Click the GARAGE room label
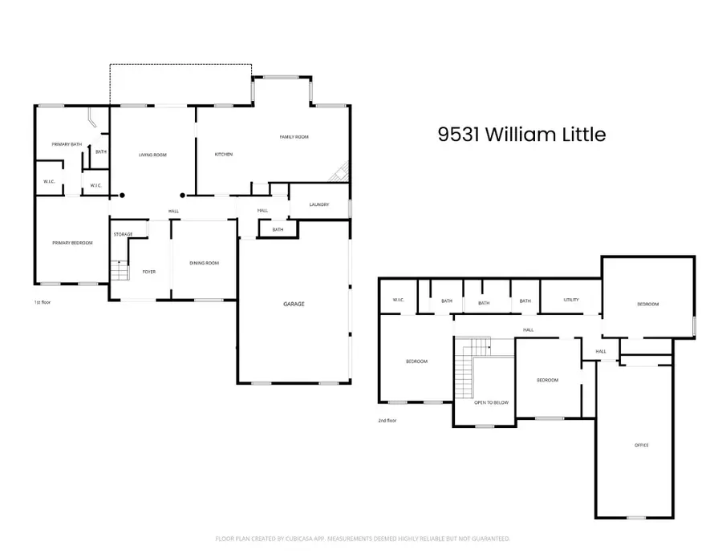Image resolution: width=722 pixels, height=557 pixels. pyautogui.click(x=294, y=304)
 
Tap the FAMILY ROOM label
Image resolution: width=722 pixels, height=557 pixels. pyautogui.click(x=294, y=137)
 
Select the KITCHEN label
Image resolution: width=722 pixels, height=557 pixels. pyautogui.click(x=223, y=154)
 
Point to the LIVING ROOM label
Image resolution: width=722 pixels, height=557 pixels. pyautogui.click(x=152, y=154)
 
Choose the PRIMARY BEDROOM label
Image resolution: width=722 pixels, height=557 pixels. pyautogui.click(x=72, y=243)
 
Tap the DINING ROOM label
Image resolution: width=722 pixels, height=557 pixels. pyautogui.click(x=204, y=263)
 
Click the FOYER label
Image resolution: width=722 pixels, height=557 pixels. pyautogui.click(x=149, y=272)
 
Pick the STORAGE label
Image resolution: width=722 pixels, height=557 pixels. pyautogui.click(x=123, y=234)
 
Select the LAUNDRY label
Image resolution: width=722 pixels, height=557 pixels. pyautogui.click(x=318, y=205)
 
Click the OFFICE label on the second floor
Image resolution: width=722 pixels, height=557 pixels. pyautogui.click(x=641, y=445)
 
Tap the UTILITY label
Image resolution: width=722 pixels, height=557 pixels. pyautogui.click(x=571, y=300)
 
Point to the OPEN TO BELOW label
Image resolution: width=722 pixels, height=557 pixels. pyautogui.click(x=490, y=402)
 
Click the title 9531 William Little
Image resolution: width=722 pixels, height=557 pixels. pyautogui.click(x=521, y=135)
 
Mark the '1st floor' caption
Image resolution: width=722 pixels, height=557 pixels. pyautogui.click(x=43, y=302)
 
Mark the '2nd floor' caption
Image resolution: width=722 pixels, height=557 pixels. pyautogui.click(x=387, y=420)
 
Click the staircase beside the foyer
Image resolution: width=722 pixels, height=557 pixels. pyautogui.click(x=119, y=271)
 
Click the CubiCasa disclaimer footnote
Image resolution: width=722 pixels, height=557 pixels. pyautogui.click(x=363, y=539)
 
